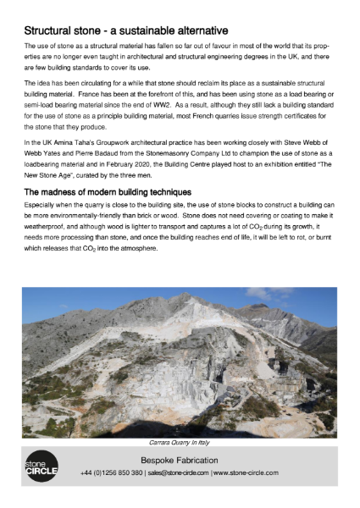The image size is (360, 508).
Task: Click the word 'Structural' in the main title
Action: (x=53, y=30)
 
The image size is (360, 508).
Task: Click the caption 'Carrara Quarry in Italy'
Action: (x=180, y=442)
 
